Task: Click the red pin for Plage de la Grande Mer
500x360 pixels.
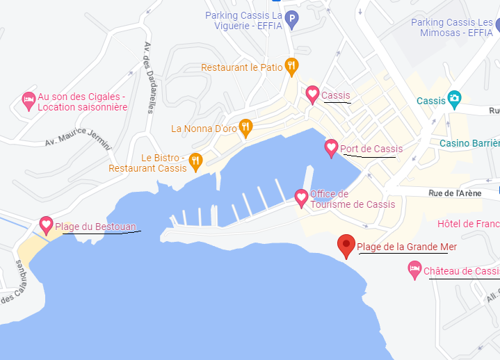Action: coord(346,245)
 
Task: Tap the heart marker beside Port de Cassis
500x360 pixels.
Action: coord(331,147)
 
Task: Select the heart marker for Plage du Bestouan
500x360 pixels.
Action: coord(47,224)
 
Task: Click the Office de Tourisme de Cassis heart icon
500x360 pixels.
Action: coord(301,197)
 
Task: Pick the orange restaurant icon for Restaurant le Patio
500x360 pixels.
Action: coord(292,66)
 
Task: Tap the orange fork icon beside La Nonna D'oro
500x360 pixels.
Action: coord(245,126)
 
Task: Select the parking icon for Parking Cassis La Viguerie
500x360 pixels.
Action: coord(293,19)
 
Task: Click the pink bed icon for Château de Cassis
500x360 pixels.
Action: coord(414,268)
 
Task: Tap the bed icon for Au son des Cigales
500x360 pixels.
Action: coord(28,100)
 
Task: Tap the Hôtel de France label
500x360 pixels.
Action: coord(468,224)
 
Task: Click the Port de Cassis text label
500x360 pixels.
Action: coord(371,149)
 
